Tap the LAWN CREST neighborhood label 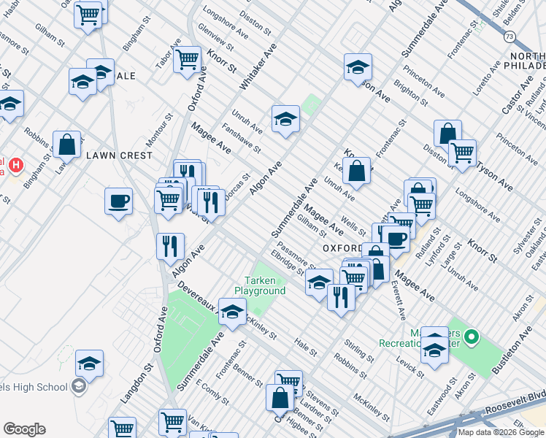pyautogui.click(x=119, y=155)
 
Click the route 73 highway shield pyautogui.click(x=510, y=36)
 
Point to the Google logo pyautogui.click(x=24, y=429)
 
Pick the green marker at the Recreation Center pyautogui.click(x=472, y=337)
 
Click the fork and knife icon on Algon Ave pyautogui.click(x=169, y=246)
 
